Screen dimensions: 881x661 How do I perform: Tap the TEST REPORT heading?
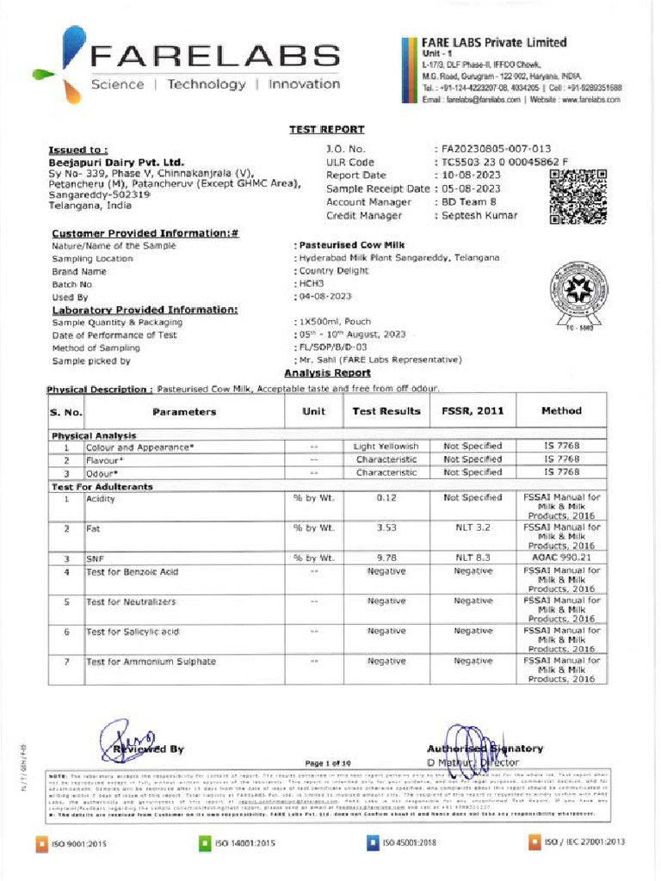pyautogui.click(x=326, y=130)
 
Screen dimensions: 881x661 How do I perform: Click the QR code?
pyautogui.click(x=578, y=197)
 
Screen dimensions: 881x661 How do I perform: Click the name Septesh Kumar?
pyautogui.click(x=479, y=215)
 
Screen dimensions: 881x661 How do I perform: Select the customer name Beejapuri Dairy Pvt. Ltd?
pyautogui.click(x=115, y=162)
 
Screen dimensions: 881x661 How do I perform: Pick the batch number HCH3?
pyautogui.click(x=311, y=283)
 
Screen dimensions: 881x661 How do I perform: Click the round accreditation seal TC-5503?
pyautogui.click(x=581, y=297)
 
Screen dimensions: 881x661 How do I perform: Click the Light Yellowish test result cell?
pyautogui.click(x=386, y=447)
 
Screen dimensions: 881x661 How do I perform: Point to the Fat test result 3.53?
pyautogui.click(x=386, y=527)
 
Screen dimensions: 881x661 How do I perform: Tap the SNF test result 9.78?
pyautogui.click(x=386, y=558)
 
